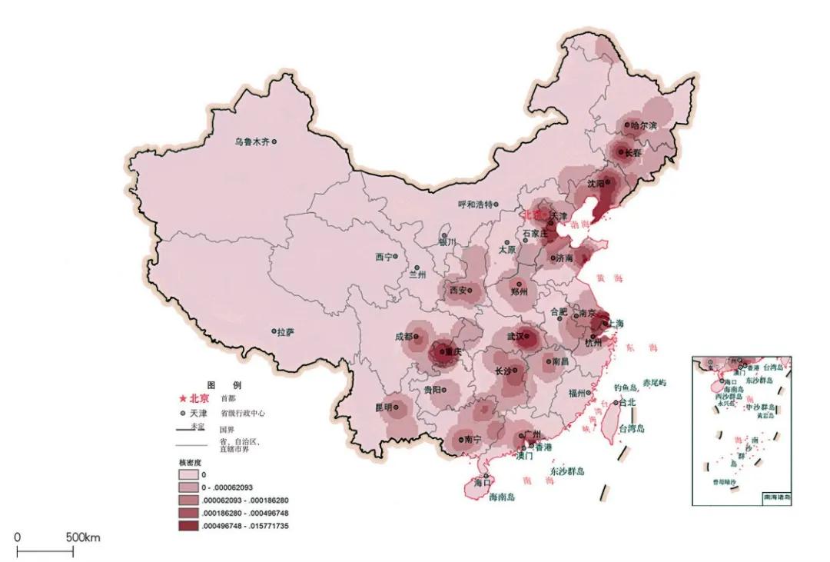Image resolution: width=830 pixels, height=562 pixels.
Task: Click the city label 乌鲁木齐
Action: pyautogui.click(x=252, y=141)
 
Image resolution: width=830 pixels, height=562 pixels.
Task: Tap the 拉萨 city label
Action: pyautogui.click(x=285, y=332)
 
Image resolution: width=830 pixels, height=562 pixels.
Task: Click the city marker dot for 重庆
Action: pyautogui.click(x=439, y=352)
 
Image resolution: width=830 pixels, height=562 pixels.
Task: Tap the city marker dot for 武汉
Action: pyautogui.click(x=528, y=336)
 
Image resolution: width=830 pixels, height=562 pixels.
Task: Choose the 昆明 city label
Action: pyautogui.click(x=383, y=407)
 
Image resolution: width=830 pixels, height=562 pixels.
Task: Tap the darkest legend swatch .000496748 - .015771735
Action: pyautogui.click(x=186, y=527)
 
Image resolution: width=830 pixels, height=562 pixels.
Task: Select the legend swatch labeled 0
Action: pyautogui.click(x=186, y=474)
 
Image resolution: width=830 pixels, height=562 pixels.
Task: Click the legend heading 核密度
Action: pyautogui.click(x=189, y=463)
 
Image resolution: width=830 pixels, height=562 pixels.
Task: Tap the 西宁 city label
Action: pyautogui.click(x=383, y=257)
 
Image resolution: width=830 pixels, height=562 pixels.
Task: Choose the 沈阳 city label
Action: pyautogui.click(x=596, y=184)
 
